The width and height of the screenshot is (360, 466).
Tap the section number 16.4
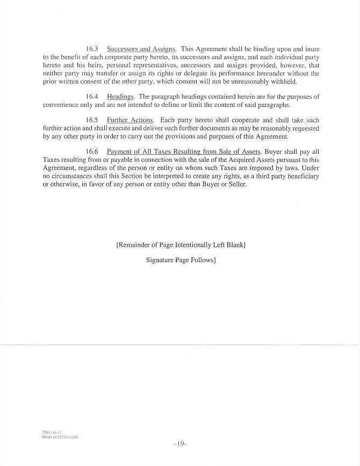(92, 97)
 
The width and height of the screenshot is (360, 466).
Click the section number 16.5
(92, 120)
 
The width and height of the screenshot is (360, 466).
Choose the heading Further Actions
(130, 120)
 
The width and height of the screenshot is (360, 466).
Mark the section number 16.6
(92, 152)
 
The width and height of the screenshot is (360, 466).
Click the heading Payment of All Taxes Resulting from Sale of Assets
(184, 152)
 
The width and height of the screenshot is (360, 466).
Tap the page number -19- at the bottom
(180, 443)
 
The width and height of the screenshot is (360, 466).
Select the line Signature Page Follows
(181, 260)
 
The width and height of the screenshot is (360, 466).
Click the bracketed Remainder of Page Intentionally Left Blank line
(181, 245)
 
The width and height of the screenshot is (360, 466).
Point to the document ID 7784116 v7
(52, 432)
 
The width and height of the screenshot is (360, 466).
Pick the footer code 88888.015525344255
(60, 437)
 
